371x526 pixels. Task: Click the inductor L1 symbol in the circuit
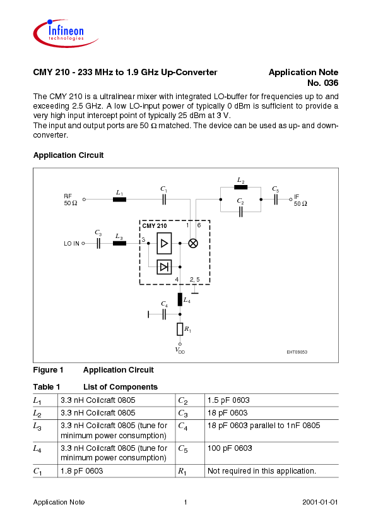(x=119, y=199)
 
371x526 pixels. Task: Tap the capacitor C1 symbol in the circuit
(x=164, y=199)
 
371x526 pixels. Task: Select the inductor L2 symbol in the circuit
(x=240, y=188)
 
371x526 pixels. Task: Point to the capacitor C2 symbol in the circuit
(x=240, y=211)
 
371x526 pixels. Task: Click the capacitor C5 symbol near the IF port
(x=276, y=199)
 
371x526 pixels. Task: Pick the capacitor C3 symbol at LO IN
(x=98, y=242)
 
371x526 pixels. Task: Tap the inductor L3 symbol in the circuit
(x=119, y=242)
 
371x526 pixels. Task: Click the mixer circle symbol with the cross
(x=194, y=242)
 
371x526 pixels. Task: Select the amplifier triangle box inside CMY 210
(x=164, y=242)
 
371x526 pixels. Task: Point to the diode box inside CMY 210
(x=164, y=266)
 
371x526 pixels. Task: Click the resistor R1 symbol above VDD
(x=180, y=329)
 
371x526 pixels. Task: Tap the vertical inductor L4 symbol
(x=180, y=299)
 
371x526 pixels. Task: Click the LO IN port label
(x=72, y=243)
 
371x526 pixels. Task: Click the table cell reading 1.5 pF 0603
(x=228, y=400)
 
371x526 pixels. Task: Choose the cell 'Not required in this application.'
(x=261, y=471)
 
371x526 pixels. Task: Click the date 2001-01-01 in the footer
(x=320, y=502)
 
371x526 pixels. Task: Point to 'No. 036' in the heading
(x=322, y=83)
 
